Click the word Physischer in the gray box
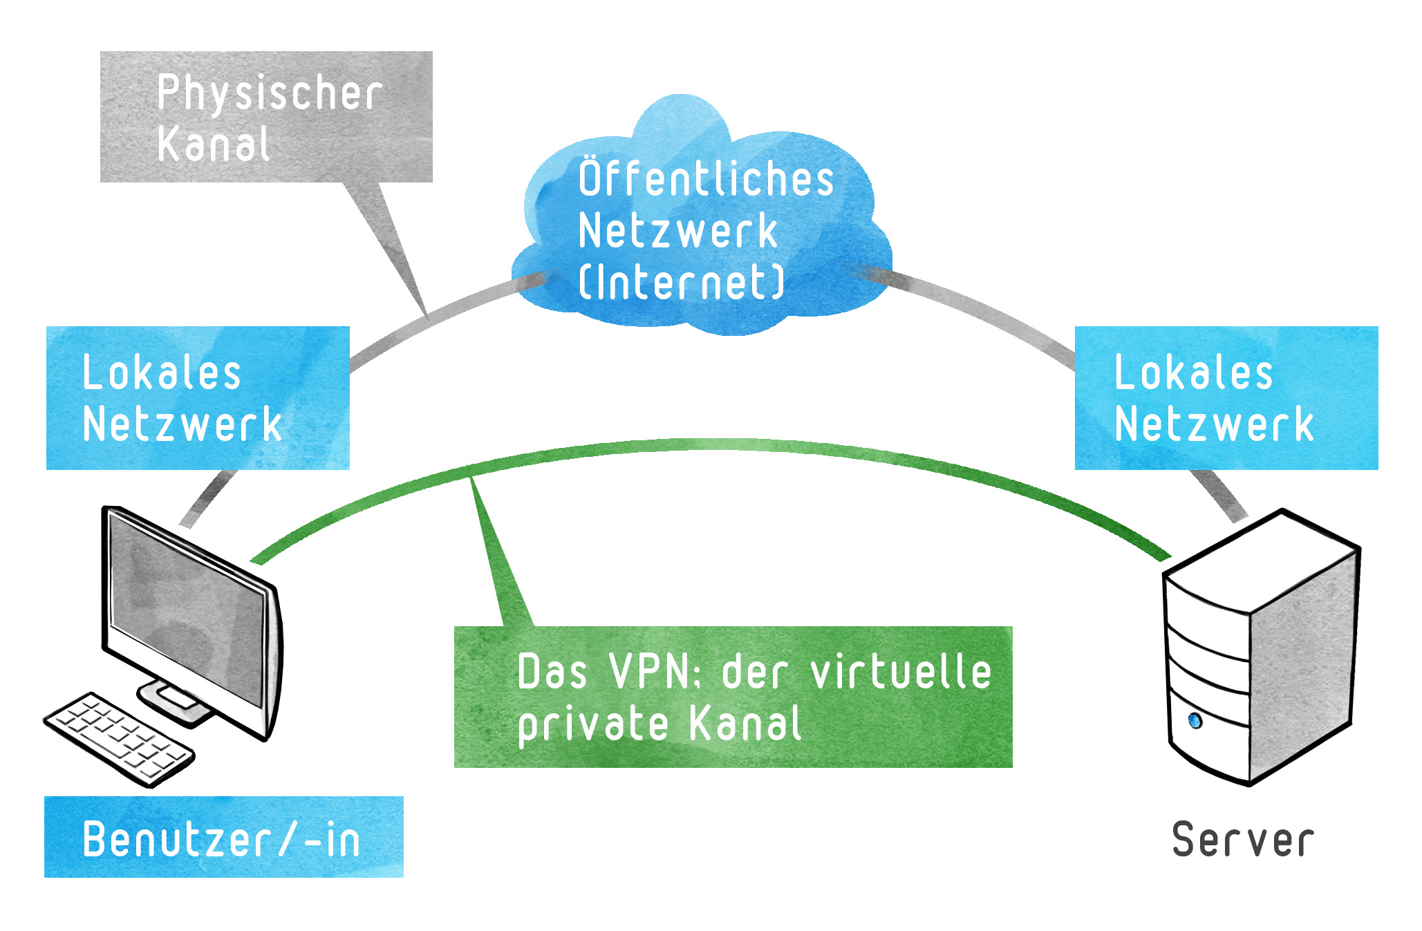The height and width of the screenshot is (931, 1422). tap(270, 93)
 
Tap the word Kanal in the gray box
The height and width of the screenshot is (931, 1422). tap(213, 145)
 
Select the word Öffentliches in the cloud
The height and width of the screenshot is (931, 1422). tap(706, 178)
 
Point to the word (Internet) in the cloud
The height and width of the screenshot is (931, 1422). tap(682, 282)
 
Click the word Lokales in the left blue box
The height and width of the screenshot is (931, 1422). tap(162, 373)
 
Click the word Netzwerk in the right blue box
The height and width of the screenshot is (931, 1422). tap(1214, 424)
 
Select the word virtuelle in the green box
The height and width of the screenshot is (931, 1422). tap(901, 672)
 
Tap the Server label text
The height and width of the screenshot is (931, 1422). tap(1243, 840)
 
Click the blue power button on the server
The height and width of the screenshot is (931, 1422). tap(1195, 721)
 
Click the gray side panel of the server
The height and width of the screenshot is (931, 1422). tap(1300, 664)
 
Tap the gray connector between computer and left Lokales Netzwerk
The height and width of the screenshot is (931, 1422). tap(207, 498)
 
